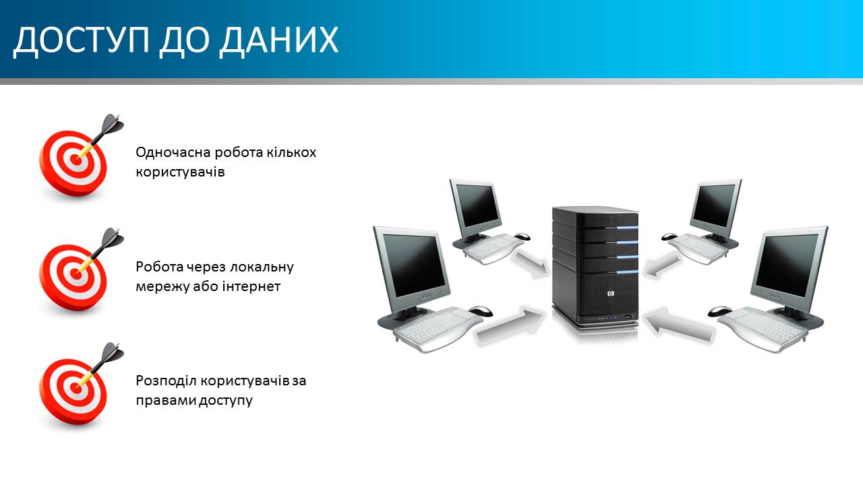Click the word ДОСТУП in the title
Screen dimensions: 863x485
click(x=82, y=40)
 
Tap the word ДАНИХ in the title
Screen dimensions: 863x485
click(x=279, y=40)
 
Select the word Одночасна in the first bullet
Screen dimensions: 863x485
click(x=173, y=152)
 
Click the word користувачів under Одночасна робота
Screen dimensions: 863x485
click(x=180, y=172)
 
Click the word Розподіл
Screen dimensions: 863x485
click(x=166, y=381)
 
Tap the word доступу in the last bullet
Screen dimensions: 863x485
click(x=225, y=401)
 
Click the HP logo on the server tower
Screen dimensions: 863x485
click(x=611, y=293)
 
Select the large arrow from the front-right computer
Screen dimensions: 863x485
click(x=679, y=325)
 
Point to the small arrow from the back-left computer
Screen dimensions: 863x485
click(x=532, y=264)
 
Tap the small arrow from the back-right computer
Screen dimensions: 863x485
click(x=663, y=265)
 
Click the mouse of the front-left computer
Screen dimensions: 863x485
click(x=481, y=311)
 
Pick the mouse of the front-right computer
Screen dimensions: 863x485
click(x=719, y=311)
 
